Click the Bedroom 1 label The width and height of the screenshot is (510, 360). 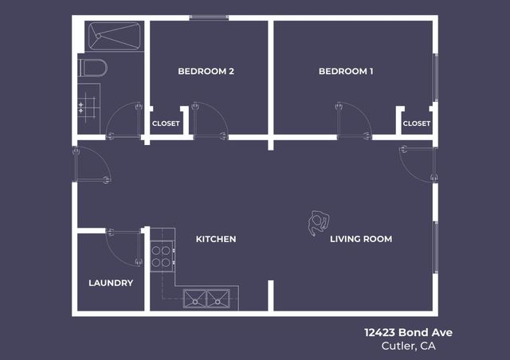346,72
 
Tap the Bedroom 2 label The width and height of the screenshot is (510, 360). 206,72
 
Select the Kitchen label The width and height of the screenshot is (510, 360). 216,239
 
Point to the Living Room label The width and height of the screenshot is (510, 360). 361,239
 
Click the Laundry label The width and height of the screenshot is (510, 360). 111,283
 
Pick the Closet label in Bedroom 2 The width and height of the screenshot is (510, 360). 166,123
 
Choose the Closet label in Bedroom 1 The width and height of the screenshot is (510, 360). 416,123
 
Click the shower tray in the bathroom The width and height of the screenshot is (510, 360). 114,36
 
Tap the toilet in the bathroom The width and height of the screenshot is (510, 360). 92,68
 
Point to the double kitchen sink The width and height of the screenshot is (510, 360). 206,299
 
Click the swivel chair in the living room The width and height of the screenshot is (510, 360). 318,222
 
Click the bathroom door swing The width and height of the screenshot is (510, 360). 124,121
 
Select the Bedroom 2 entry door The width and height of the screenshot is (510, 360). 210,121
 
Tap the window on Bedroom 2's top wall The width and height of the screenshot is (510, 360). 209,18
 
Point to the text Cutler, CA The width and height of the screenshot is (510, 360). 409,346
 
